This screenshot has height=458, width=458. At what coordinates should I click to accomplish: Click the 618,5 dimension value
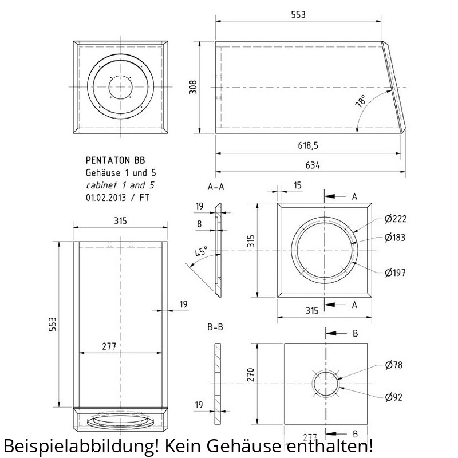308,145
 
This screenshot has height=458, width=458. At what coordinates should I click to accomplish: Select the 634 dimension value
313,165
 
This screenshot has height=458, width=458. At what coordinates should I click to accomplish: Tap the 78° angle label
361,101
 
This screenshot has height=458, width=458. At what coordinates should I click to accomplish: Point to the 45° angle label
202,251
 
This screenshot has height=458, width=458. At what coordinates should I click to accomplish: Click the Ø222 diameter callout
396,219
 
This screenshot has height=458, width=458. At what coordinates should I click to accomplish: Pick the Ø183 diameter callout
395,238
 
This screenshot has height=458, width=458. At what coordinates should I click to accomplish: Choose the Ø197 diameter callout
395,273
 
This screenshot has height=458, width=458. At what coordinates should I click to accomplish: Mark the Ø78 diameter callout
393,365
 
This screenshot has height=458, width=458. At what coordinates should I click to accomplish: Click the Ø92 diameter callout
393,397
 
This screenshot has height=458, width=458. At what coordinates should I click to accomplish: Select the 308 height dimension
193,87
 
